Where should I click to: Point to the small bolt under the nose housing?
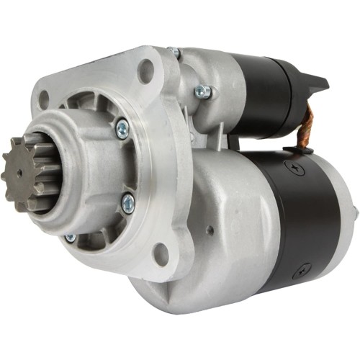click(x=71, y=238)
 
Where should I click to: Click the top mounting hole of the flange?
click(x=146, y=71)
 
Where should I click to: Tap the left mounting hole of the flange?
click(x=44, y=100)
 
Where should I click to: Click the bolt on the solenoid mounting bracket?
click(x=202, y=92)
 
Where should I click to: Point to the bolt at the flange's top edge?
click(x=174, y=52)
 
